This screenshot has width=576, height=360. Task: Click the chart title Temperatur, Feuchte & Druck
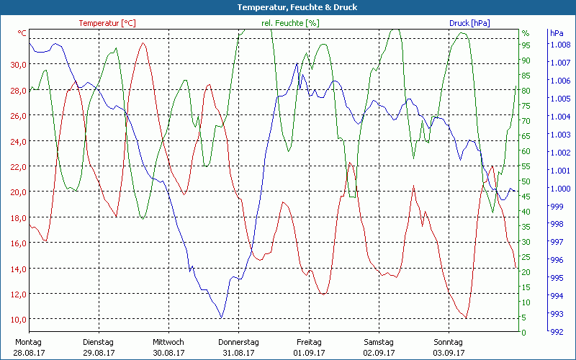[x=287, y=7]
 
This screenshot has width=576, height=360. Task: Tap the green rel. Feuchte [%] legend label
[x=290, y=23]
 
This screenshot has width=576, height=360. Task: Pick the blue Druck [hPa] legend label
[x=469, y=23]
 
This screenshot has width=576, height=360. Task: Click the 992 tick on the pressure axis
[x=557, y=332]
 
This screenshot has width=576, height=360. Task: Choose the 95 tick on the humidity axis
[x=526, y=45]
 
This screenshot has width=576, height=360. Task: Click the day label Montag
[x=28, y=342]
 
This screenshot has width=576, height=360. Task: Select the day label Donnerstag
[x=238, y=342]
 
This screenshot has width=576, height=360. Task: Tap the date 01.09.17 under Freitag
[x=309, y=353]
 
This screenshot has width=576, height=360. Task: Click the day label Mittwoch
[x=168, y=342]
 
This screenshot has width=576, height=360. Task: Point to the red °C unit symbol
[x=22, y=33]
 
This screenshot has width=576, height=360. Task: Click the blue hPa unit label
[x=557, y=33]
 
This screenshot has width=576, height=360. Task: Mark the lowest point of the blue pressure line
[x=221, y=318]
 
